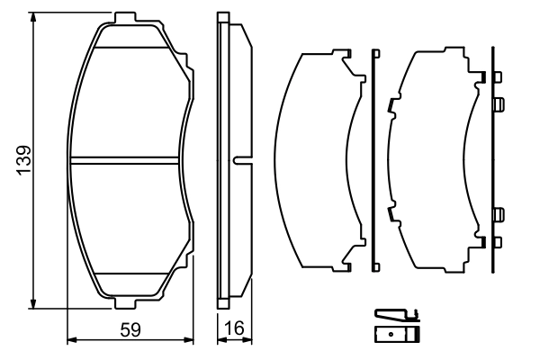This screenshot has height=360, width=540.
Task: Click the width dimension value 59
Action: click(130, 329)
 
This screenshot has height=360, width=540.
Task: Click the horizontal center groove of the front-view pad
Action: click(126, 160)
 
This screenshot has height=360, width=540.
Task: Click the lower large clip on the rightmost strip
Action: click(498, 214)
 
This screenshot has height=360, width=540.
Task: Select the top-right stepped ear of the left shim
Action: click(347, 61)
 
